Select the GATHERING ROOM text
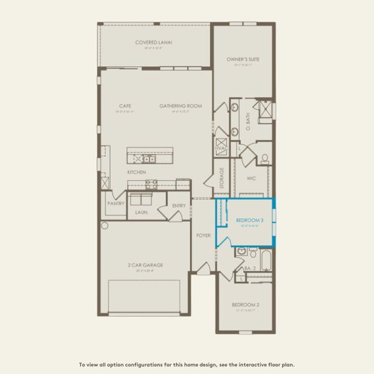pyautogui.click(x=180, y=106)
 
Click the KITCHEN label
pyautogui.click(x=137, y=171)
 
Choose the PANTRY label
pyautogui.click(x=116, y=203)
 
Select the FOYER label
pyautogui.click(x=203, y=236)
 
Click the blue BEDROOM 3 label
pyautogui.click(x=246, y=220)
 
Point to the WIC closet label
pyautogui.click(x=252, y=178)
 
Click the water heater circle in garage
pyautogui.click(x=105, y=225)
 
